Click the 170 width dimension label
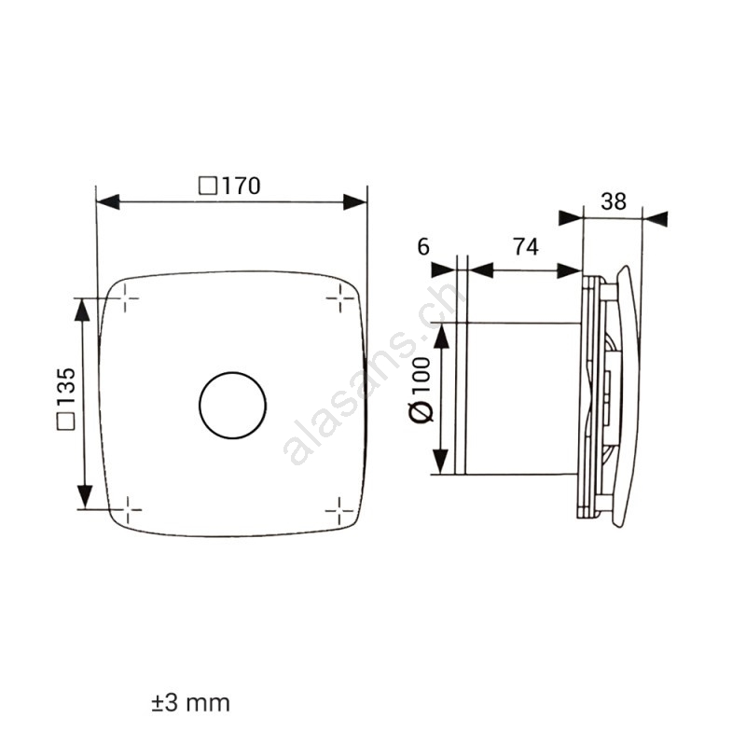[229, 186]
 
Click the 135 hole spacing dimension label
[66, 399]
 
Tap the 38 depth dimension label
[613, 201]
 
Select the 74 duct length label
[526, 247]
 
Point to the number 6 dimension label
[423, 247]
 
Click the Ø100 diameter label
[421, 390]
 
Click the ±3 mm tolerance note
[191, 703]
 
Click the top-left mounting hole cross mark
[125, 298]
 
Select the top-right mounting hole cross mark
[340, 298]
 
